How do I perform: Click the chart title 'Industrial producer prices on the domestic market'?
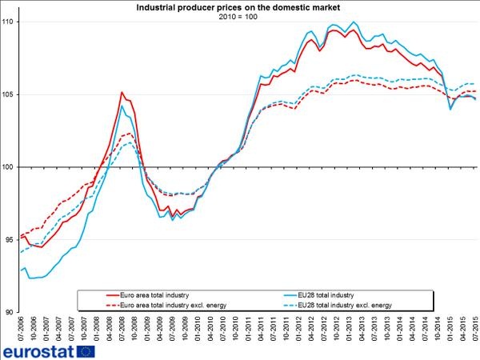coord(239,7)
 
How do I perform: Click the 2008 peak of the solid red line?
coord(121,93)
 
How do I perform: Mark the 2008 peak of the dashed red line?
coord(127,134)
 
